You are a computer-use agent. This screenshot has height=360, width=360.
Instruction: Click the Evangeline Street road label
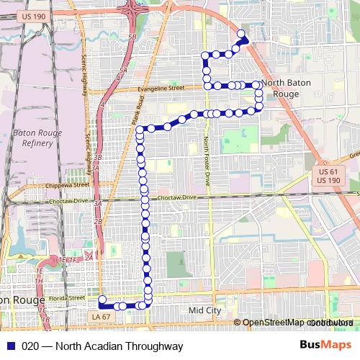click(160, 89)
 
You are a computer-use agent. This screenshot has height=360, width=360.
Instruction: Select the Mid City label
click(205, 310)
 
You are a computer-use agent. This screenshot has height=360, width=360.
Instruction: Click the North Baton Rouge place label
click(287, 89)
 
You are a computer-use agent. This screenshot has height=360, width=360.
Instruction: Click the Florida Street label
click(68, 297)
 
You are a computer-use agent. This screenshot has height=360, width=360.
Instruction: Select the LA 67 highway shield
click(100, 316)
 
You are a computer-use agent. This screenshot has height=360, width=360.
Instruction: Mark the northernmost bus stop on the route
click(240, 33)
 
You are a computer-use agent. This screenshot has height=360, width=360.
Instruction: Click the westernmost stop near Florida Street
click(102, 300)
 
